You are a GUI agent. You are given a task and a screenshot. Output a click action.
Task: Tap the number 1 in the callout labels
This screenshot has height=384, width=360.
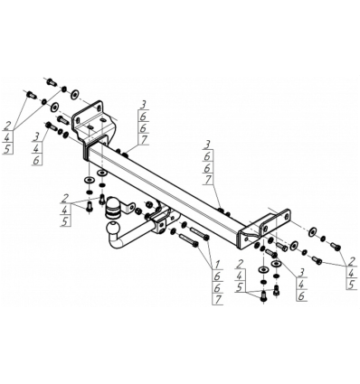point(217,265)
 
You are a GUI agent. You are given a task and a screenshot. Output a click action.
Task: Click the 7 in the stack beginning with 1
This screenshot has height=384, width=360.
point(218,299)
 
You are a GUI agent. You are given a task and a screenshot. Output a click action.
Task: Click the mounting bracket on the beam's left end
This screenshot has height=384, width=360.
point(92,126)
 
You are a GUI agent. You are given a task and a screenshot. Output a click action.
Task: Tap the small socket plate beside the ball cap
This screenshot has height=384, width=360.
point(128,208)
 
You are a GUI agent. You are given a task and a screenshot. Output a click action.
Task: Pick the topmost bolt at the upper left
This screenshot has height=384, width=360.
point(51,81)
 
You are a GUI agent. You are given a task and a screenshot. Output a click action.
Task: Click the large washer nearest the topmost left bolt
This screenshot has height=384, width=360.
point(74,95)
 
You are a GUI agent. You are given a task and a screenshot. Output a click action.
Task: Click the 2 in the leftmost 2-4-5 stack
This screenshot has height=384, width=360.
point(7,125)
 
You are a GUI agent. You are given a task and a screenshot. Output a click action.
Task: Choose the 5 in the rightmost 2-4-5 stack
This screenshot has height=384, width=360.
point(351,285)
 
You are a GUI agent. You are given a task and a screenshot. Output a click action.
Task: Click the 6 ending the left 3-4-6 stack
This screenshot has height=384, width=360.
point(37,160)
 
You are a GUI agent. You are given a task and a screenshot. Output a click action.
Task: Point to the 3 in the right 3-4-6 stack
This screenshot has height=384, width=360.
point(301,272)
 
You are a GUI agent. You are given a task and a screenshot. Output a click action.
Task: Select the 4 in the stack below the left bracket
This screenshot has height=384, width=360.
point(64,210)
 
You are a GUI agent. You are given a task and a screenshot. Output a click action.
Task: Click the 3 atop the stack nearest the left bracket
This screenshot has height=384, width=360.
point(143,105)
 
